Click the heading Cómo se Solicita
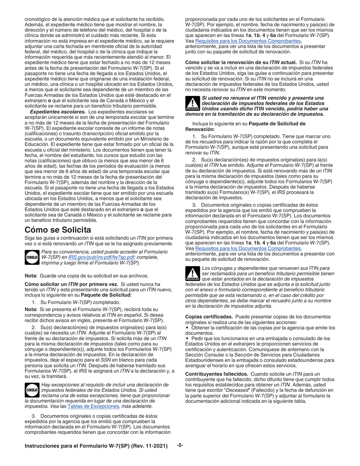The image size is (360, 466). tap(58, 230)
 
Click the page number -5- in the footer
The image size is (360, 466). tap(180, 446)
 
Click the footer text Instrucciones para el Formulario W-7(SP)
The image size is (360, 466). tap(96, 446)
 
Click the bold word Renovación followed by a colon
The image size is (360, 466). tap(200, 129)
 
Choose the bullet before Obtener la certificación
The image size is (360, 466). tap(187, 327)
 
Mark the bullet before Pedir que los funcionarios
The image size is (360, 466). tap(187, 338)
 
